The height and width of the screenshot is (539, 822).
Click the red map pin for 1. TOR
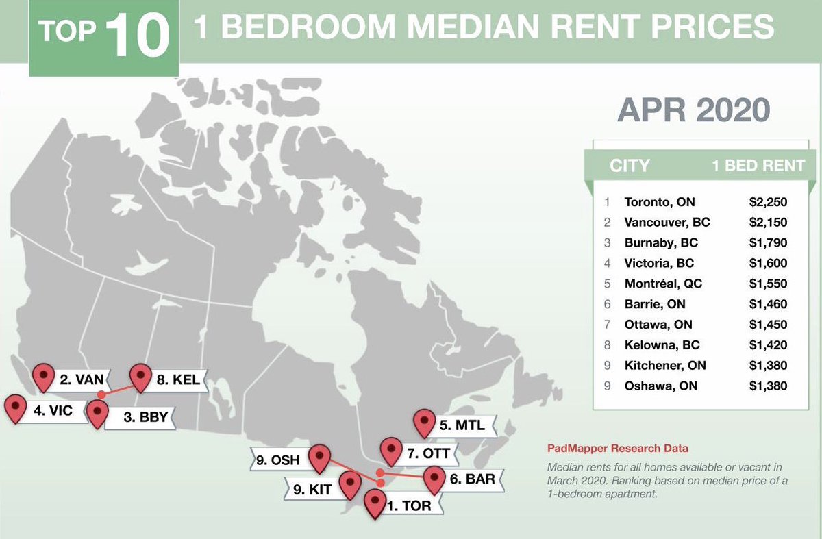tap(375, 503)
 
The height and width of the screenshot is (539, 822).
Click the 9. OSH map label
tap(278, 460)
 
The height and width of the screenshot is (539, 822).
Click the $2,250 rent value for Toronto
tap(768, 203)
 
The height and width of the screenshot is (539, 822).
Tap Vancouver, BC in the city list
tap(667, 223)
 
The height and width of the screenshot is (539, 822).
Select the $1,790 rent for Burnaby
tap(768, 243)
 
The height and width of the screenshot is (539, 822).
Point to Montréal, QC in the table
tap(663, 284)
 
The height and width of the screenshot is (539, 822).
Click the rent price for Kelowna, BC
tap(768, 345)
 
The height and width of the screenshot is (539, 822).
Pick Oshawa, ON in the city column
tap(660, 386)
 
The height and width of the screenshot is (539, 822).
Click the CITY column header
tap(630, 166)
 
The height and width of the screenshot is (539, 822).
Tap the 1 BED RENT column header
tap(758, 166)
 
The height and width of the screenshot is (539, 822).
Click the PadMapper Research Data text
tap(617, 449)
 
